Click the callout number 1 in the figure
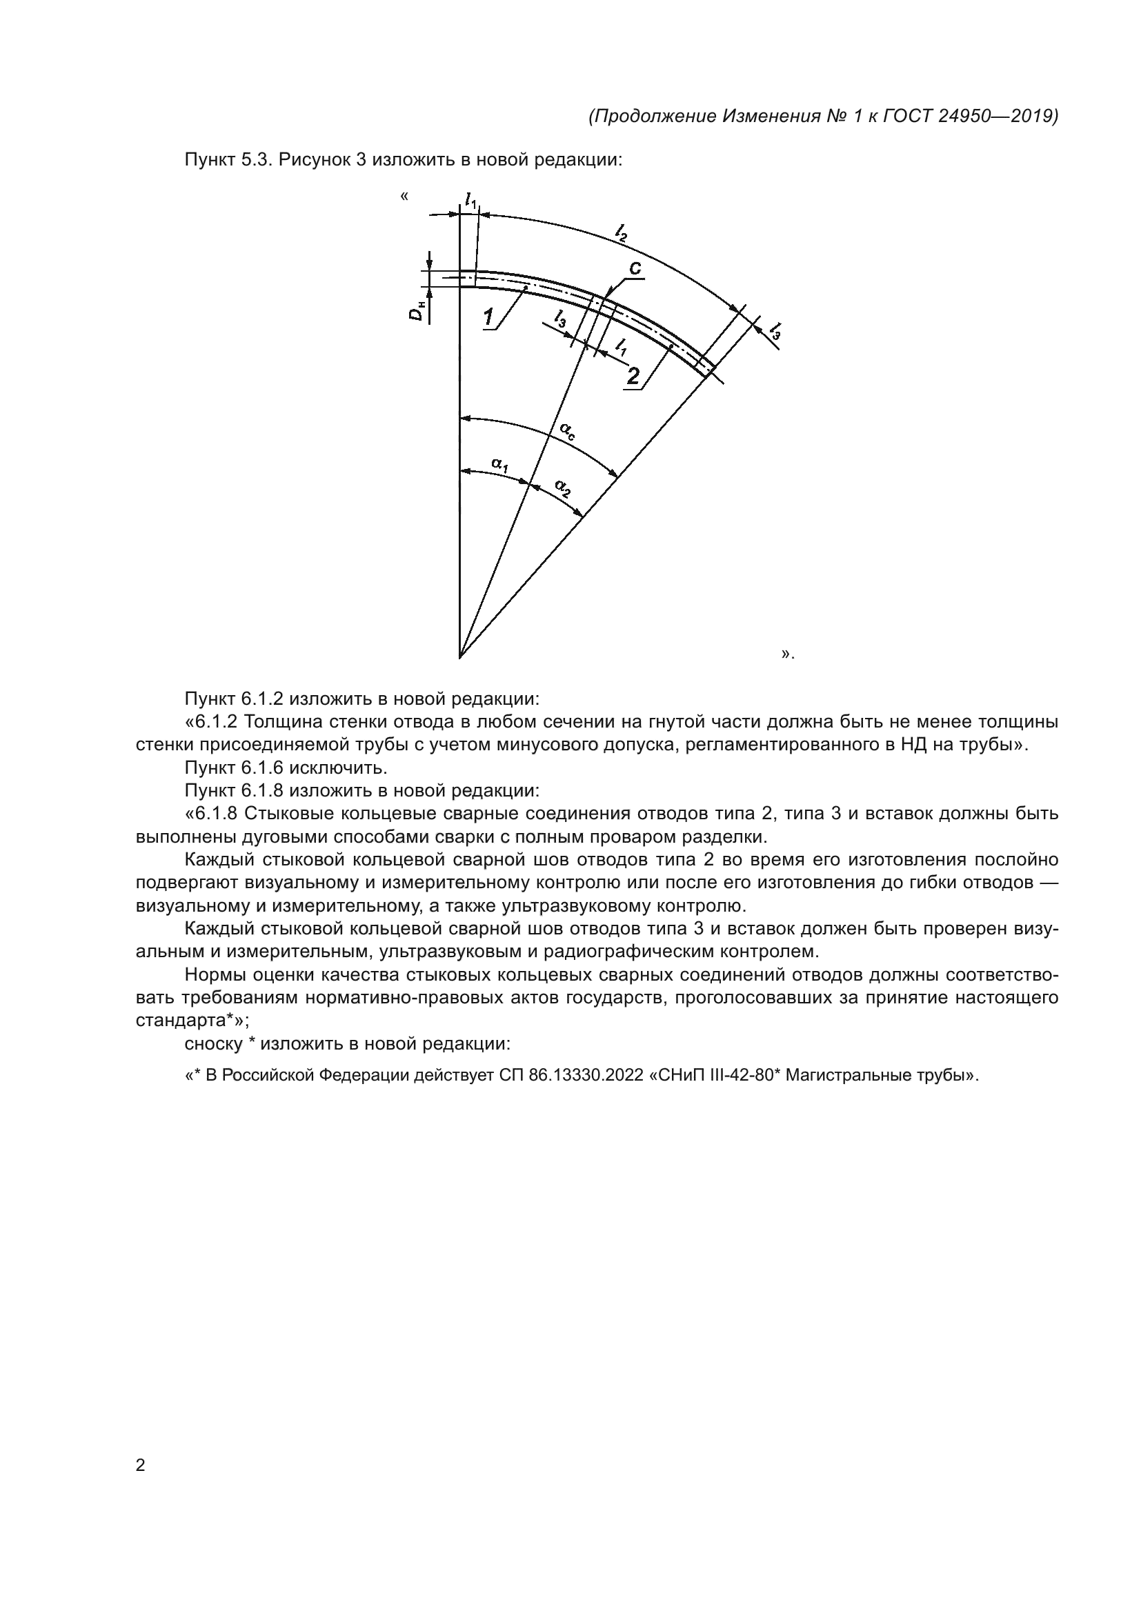(488, 317)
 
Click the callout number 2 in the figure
(633, 377)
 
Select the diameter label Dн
(417, 310)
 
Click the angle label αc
(567, 430)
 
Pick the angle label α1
(500, 463)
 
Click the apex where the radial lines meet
(459, 658)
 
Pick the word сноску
(214, 1043)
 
